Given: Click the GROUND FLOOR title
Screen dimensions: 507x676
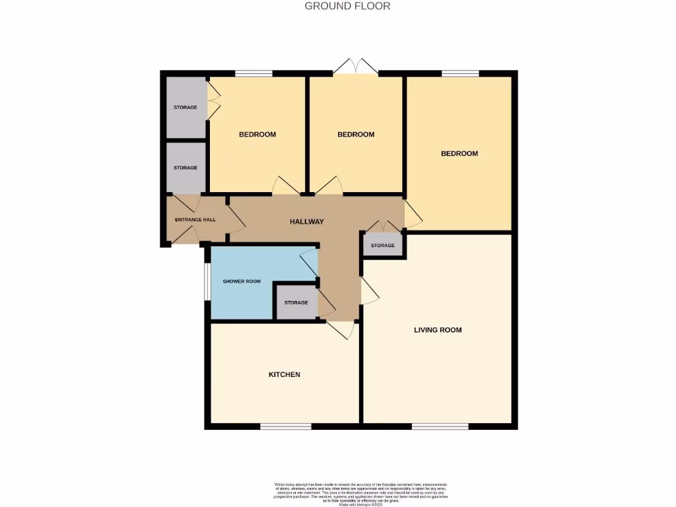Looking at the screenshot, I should coord(347,6).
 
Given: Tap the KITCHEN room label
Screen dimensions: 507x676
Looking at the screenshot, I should coord(284,374).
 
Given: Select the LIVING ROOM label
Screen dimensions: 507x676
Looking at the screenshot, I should coord(438,329).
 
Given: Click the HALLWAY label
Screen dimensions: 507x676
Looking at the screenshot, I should coord(307,221).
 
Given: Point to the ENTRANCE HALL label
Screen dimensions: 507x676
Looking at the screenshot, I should coord(195,219).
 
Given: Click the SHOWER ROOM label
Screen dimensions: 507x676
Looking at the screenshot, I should coord(242,281).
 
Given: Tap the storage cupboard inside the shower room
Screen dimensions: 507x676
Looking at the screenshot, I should coord(296,302).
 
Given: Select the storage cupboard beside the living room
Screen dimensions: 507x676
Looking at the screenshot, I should coord(383,246).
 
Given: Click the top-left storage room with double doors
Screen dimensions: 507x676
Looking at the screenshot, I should coord(186,107).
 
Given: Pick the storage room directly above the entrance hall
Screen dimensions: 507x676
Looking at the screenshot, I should coord(186,168).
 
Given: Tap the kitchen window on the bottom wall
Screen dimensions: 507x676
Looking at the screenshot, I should coord(285,426).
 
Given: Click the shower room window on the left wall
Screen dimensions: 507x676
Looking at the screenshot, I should coord(207,282).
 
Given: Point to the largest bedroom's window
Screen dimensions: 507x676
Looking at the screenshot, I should coord(460,73).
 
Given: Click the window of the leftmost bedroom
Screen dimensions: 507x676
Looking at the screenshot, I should coord(253,73).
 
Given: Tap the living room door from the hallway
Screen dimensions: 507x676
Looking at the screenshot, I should coord(368,290).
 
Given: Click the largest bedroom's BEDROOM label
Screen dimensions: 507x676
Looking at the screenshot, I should coord(459,153).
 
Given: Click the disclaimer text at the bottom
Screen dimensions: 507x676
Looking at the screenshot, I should coord(360,494).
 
